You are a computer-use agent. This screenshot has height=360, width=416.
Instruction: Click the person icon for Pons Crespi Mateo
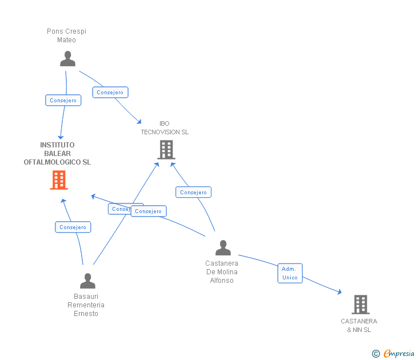67,59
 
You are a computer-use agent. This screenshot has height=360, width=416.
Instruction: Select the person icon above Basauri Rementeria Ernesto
87,281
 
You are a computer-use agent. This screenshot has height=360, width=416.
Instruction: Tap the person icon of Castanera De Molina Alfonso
223,247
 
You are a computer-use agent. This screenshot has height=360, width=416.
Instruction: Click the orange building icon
59,180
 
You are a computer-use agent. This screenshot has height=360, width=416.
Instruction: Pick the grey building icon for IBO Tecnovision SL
166,150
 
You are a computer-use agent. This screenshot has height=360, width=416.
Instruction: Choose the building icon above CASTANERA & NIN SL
360,305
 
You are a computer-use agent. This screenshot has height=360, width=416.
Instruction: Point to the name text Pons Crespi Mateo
66,35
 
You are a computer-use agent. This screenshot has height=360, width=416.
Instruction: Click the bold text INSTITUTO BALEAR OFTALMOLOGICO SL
57,154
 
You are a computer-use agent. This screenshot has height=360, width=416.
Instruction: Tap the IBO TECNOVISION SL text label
165,128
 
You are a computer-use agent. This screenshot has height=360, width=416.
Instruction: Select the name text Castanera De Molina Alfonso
222,272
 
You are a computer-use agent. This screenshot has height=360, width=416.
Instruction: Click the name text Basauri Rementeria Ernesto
86,305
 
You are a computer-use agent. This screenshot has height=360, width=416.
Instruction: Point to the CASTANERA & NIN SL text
359,325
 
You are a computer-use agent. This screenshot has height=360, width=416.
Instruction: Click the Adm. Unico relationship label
290,273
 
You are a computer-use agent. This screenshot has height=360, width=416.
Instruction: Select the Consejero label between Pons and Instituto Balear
63,101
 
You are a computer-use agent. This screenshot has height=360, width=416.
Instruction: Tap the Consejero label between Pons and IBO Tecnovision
110,93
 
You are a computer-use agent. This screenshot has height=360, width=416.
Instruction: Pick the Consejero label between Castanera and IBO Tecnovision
193,193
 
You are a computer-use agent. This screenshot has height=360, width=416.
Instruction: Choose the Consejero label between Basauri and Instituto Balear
73,227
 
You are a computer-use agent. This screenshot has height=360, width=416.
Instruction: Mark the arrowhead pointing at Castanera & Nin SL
339,292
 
